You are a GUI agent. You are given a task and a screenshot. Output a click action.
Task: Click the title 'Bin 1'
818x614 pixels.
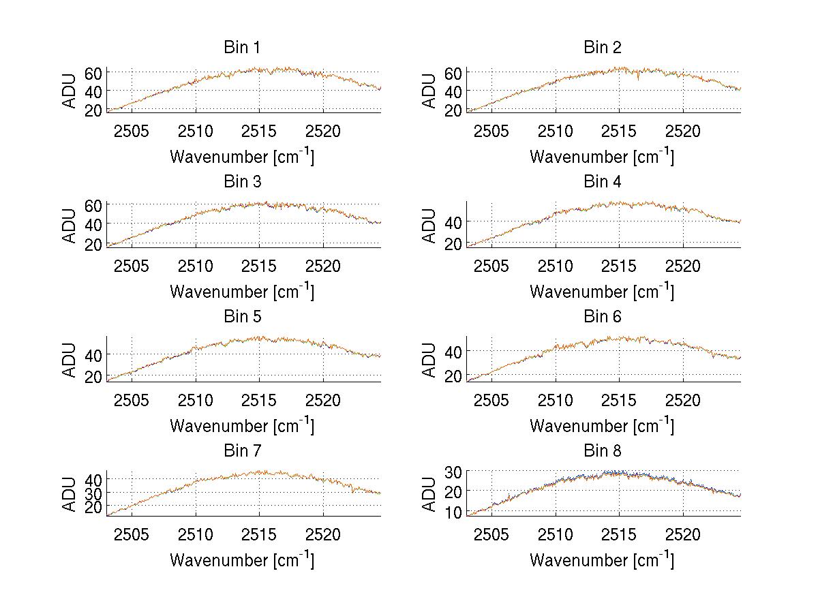pyautogui.click(x=242, y=48)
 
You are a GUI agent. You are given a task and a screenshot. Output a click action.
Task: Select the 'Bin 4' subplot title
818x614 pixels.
pyautogui.click(x=603, y=182)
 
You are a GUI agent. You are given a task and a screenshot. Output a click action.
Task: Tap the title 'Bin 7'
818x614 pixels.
pyautogui.click(x=242, y=451)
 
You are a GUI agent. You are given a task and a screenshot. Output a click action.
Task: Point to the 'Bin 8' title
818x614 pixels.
pyautogui.click(x=603, y=451)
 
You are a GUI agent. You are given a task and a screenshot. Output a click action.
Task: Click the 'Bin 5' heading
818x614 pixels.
pyautogui.click(x=242, y=317)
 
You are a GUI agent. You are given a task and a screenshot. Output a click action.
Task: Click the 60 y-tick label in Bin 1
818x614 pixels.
pyautogui.click(x=93, y=73)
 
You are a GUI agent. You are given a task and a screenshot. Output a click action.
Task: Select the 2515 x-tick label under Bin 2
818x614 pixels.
pyautogui.click(x=619, y=131)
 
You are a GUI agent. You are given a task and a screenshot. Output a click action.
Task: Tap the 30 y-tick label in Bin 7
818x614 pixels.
pyautogui.click(x=93, y=493)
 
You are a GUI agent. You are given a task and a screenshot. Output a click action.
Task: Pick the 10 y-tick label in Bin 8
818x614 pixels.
pyautogui.click(x=453, y=512)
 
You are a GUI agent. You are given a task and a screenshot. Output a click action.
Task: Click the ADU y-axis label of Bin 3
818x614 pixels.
pyautogui.click(x=70, y=225)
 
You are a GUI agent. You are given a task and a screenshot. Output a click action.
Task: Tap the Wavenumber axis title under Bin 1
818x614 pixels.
pyautogui.click(x=242, y=156)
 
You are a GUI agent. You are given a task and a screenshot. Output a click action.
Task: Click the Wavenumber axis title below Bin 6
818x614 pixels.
pyautogui.click(x=603, y=425)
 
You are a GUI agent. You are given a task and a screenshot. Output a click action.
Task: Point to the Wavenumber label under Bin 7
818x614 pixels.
pyautogui.click(x=242, y=559)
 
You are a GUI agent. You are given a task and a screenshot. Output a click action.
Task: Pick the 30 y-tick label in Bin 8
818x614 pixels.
pyautogui.click(x=453, y=472)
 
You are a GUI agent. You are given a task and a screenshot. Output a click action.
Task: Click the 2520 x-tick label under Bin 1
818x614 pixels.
pyautogui.click(x=323, y=131)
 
